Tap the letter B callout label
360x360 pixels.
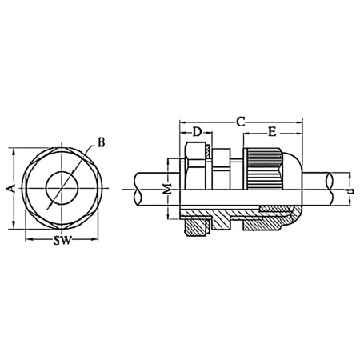tap(101, 143)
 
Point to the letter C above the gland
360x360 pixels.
tap(240, 121)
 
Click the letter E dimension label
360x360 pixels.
tap(273, 132)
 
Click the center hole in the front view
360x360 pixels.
tap(59, 189)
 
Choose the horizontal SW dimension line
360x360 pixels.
tap(59, 238)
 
